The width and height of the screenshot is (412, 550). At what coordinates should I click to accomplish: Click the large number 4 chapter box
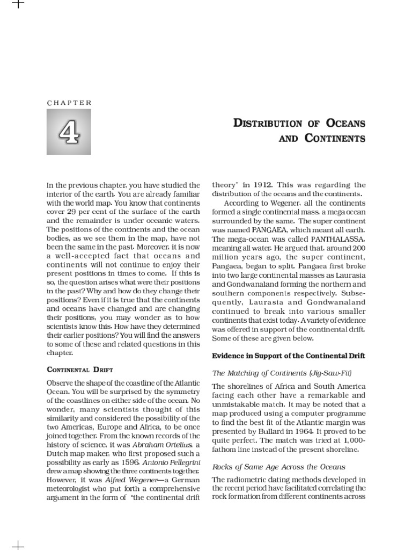click(69, 132)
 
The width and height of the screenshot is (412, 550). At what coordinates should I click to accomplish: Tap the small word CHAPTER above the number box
click(69, 103)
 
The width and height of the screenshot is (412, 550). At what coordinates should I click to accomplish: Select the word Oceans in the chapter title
click(343, 123)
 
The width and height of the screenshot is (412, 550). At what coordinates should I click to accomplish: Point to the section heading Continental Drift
click(80, 370)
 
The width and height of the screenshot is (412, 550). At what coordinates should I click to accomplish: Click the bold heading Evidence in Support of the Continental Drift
click(289, 356)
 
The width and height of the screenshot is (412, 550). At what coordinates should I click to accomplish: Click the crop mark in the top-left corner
click(18, 4)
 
